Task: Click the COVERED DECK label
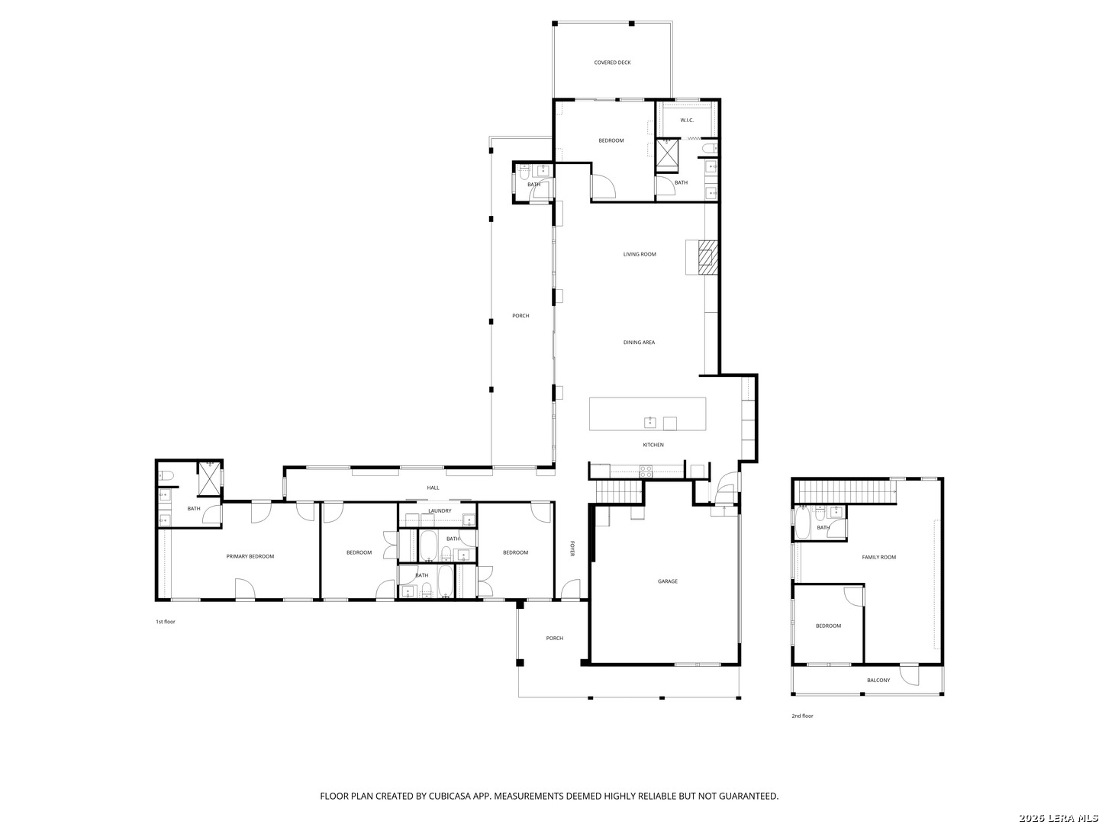612,63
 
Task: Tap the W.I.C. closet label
686,120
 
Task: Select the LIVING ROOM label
639,254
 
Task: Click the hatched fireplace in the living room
707,256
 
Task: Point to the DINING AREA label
638,343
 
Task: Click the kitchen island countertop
647,414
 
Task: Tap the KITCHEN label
653,445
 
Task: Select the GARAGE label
667,581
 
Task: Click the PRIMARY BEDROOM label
250,556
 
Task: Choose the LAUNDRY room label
440,511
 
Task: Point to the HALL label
433,488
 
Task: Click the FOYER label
572,549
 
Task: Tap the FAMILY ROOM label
878,557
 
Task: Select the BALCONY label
878,681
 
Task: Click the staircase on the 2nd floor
844,491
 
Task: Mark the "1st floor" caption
165,622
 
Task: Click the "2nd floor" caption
802,716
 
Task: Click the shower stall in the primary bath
209,478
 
